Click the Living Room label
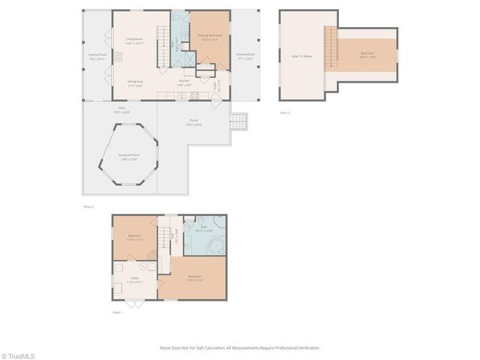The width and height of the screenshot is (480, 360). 134,43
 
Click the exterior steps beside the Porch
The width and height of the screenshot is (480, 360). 238,121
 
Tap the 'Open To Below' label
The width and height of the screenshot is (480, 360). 301,56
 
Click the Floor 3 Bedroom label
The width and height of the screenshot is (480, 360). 367,54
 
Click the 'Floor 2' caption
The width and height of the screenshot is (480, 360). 88,205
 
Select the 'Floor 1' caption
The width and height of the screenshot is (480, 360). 117,312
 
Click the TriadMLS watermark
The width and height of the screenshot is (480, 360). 18,355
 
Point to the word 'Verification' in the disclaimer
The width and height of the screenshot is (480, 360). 307,348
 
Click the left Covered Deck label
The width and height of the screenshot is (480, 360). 96,55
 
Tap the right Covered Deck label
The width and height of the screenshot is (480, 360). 244,55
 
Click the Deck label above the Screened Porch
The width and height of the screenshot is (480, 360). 119,109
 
